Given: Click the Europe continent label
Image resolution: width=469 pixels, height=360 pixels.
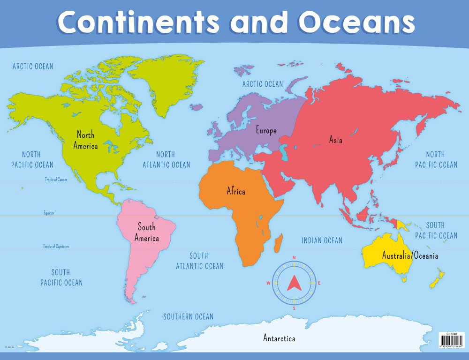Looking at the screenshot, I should point(266,131).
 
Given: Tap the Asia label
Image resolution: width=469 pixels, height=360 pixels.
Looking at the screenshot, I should point(335,140).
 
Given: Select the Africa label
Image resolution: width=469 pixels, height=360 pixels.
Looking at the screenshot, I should point(236,191).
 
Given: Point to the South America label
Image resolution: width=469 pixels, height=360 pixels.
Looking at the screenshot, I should point(146,232).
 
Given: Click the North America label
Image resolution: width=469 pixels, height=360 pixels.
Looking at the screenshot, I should point(85,140).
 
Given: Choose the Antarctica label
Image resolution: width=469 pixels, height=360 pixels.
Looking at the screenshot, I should point(279,338).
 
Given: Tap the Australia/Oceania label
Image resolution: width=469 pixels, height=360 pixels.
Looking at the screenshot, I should point(410,256).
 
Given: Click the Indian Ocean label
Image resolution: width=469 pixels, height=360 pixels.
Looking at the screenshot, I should point(322,240).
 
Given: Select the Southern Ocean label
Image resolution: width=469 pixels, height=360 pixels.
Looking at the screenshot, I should point(188,317).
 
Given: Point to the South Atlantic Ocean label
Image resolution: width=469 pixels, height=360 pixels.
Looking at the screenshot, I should point(199,261).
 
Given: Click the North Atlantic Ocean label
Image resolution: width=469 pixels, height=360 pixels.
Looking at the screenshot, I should point(166,159).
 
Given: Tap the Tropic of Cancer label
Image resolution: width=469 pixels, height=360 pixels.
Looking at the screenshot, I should point(56,180).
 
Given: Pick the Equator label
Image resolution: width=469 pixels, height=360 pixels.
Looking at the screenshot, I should point(49,213).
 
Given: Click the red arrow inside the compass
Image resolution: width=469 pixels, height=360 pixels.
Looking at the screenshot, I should point(294,283).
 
